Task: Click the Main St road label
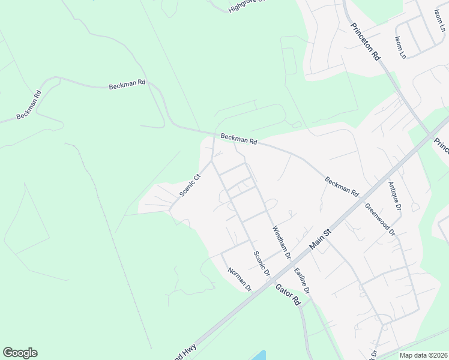coord(320,239)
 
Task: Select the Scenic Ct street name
coord(189,185)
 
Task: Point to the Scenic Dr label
coord(261,263)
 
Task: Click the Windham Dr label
coord(282,242)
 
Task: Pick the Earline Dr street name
coord(302,280)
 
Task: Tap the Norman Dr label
coord(239,280)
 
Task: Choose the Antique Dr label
coord(394,195)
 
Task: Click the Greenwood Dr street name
coord(380,219)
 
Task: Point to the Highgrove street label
coord(246,5)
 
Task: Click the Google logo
coord(20,353)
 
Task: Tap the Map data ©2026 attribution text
coord(424,355)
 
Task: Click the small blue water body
coord(258,355)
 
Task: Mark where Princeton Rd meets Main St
coord(430,134)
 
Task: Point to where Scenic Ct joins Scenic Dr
coord(211,160)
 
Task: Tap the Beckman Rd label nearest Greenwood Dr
coord(342,187)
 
